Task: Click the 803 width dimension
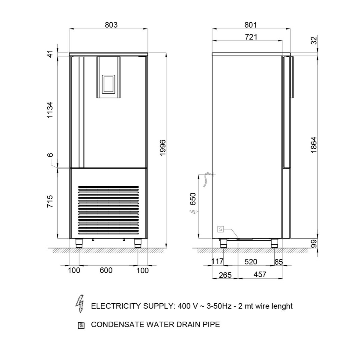pyautogui.click(x=111, y=25)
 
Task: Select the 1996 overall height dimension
pyautogui.click(x=163, y=148)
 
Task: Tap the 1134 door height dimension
pyautogui.click(x=50, y=110)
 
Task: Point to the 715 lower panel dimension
pyautogui.click(x=50, y=201)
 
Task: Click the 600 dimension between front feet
pyautogui.click(x=106, y=270)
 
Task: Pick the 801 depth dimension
pyautogui.click(x=251, y=25)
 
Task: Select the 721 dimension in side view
pyautogui.click(x=251, y=37)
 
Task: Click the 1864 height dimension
pyautogui.click(x=314, y=145)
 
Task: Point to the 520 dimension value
pyautogui.click(x=251, y=262)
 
